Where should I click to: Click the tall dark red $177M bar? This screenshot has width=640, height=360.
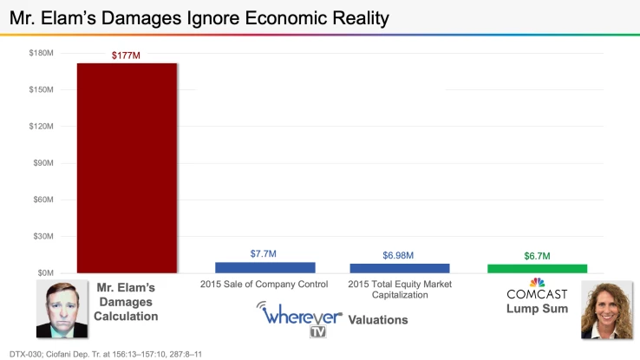pyautogui.click(x=127, y=167)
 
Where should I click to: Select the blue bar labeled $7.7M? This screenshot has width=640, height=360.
pyautogui.click(x=264, y=268)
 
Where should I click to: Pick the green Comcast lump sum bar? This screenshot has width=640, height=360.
pyautogui.click(x=537, y=269)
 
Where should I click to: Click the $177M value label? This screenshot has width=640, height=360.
pyautogui.click(x=126, y=56)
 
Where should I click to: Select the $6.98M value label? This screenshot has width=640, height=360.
pyautogui.click(x=399, y=255)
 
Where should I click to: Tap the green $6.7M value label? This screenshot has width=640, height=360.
pyautogui.click(x=537, y=256)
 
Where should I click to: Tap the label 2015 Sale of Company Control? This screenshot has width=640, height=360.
pyautogui.click(x=264, y=285)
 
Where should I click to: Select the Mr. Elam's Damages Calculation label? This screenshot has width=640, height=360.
pyautogui.click(x=127, y=301)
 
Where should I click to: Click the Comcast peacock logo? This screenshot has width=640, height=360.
pyautogui.click(x=537, y=282)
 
